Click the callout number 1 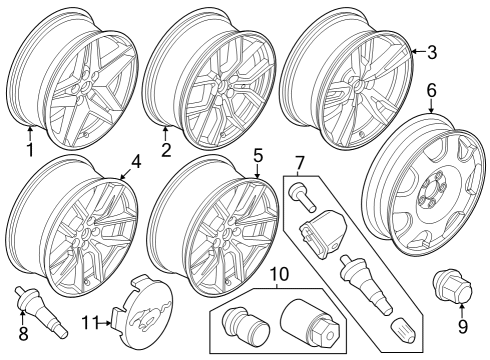pos(30,151)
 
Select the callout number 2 pos(166,151)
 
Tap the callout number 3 pos(432,52)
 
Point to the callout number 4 pos(135,160)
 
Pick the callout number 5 pos(257,156)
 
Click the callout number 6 pos(431,90)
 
